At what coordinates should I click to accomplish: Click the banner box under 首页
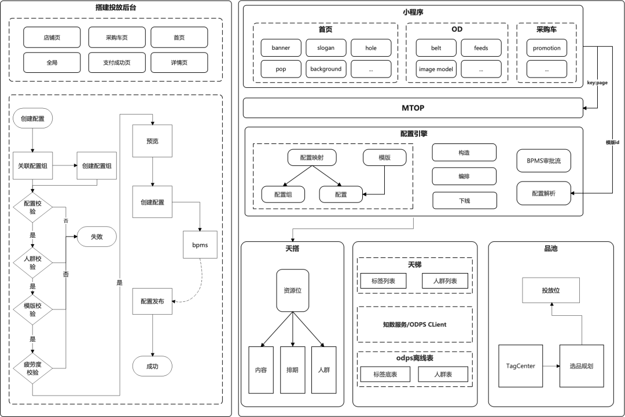tap(281, 48)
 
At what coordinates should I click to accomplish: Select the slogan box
tap(326, 48)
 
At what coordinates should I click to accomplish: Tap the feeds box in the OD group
tap(481, 48)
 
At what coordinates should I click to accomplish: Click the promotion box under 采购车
tap(546, 48)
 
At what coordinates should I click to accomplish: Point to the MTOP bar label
tap(413, 108)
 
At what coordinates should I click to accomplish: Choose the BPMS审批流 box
tap(543, 161)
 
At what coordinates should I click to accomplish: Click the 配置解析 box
tap(543, 194)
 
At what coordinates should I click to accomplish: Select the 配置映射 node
tap(312, 158)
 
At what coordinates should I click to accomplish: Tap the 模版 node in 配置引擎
tap(385, 158)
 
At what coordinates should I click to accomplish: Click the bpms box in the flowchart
tap(200, 245)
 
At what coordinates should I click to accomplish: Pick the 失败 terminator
tap(97, 237)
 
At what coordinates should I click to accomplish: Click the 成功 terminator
tap(152, 367)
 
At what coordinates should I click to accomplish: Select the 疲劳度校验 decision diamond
tap(32, 368)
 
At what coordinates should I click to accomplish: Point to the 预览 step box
tap(152, 141)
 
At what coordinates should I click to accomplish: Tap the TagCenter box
tap(521, 366)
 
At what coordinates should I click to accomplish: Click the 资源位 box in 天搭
tap(293, 290)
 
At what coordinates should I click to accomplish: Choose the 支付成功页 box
tap(117, 62)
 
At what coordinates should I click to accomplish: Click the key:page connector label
tap(597, 83)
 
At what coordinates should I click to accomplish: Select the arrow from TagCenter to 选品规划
tap(552, 366)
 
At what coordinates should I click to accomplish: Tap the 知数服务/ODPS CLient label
tap(414, 324)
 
